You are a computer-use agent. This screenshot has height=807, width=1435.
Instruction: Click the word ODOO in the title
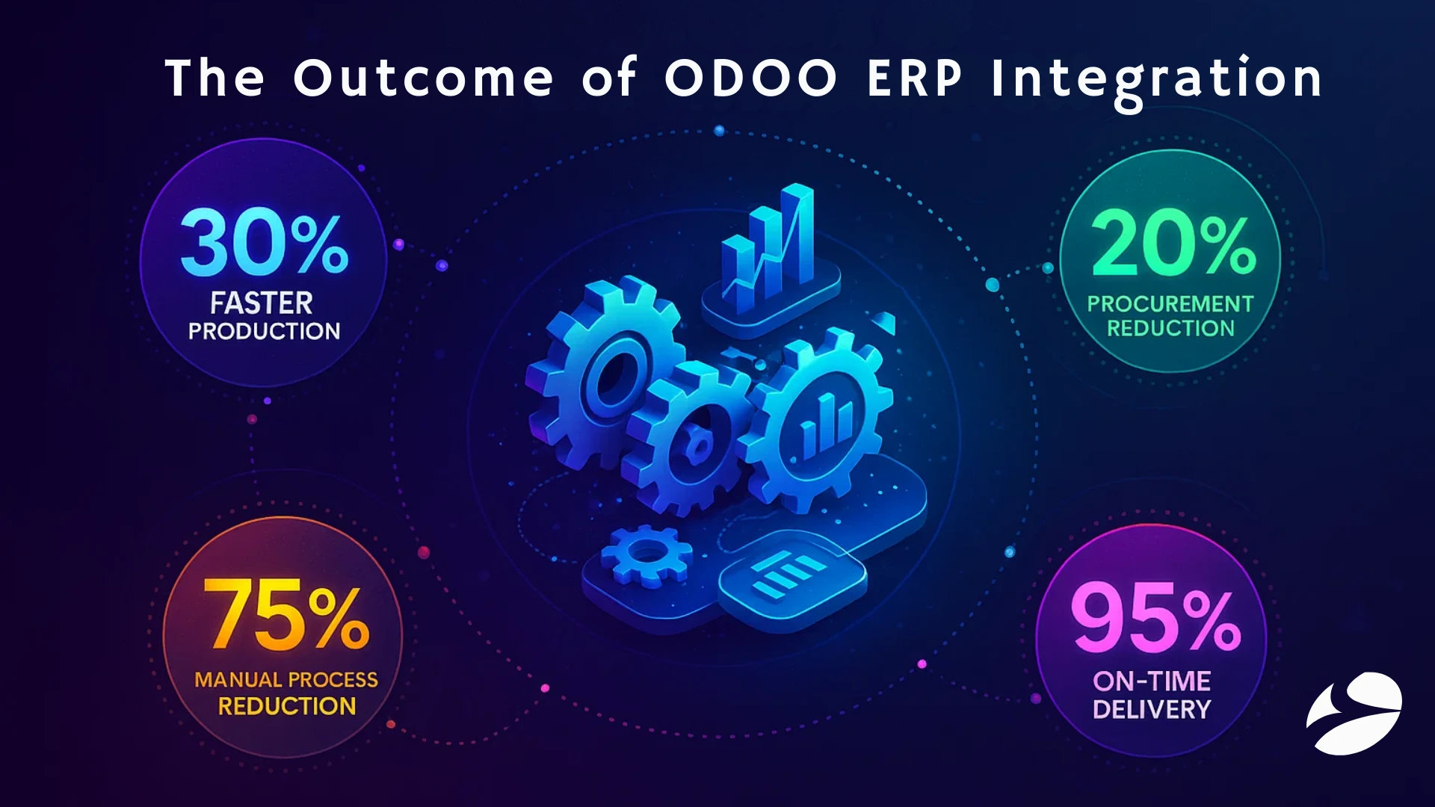coord(750,78)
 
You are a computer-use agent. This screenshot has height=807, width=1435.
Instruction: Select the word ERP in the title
coord(915,78)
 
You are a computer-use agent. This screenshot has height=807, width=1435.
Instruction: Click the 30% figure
coord(263,244)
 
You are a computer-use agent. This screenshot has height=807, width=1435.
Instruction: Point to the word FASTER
coord(261,303)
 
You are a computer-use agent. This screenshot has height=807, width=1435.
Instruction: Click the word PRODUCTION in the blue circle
coord(264,331)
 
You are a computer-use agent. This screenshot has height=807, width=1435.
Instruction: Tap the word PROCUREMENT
coord(1170,303)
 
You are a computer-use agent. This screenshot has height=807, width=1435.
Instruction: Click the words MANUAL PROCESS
coord(286,679)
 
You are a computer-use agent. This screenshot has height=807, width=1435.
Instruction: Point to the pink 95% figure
coord(1155,617)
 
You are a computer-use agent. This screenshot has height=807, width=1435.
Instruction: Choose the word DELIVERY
coord(1151,709)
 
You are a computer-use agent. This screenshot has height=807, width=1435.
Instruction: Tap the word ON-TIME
coord(1151,681)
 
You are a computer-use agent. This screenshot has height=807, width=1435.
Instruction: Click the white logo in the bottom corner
coord(1354,713)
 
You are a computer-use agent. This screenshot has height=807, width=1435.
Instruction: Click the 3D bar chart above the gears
coord(770,250)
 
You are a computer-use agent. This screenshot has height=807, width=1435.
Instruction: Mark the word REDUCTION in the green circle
coord(1170,328)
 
